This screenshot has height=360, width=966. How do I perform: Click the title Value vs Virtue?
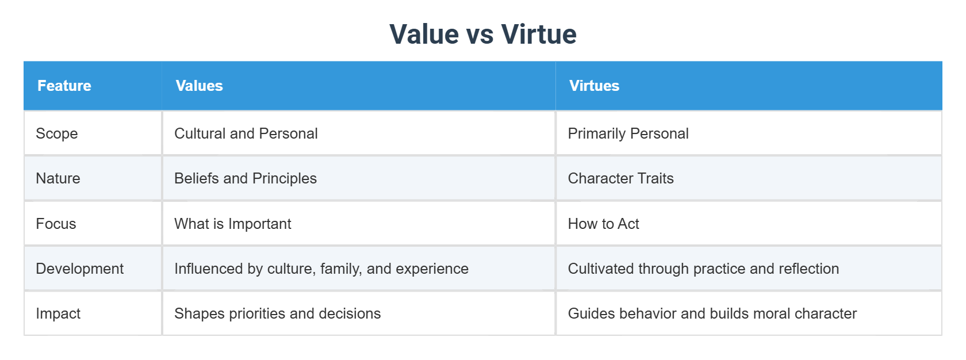[482, 34]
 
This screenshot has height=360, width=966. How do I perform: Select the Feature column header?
[64, 86]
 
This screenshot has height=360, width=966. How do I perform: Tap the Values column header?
[199, 86]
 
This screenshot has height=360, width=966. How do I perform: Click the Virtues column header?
[594, 86]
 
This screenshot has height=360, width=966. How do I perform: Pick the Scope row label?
[56, 133]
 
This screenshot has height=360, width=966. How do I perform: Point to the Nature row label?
[57, 178]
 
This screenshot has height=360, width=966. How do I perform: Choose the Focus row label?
[56, 224]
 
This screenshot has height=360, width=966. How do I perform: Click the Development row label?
[79, 269]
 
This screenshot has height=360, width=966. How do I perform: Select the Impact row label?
[57, 313]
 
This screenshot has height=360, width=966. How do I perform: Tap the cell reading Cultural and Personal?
[246, 133]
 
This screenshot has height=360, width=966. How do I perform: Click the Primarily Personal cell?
[628, 133]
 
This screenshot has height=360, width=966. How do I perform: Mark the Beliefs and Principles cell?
[245, 178]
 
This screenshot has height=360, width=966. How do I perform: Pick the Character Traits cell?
[620, 178]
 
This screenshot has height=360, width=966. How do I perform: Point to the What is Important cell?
[232, 224]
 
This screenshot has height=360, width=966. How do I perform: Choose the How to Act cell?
[603, 224]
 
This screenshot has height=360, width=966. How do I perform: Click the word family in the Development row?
[341, 269]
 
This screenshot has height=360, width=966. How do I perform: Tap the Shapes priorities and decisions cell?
[277, 313]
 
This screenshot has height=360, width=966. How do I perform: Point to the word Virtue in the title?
[538, 34]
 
